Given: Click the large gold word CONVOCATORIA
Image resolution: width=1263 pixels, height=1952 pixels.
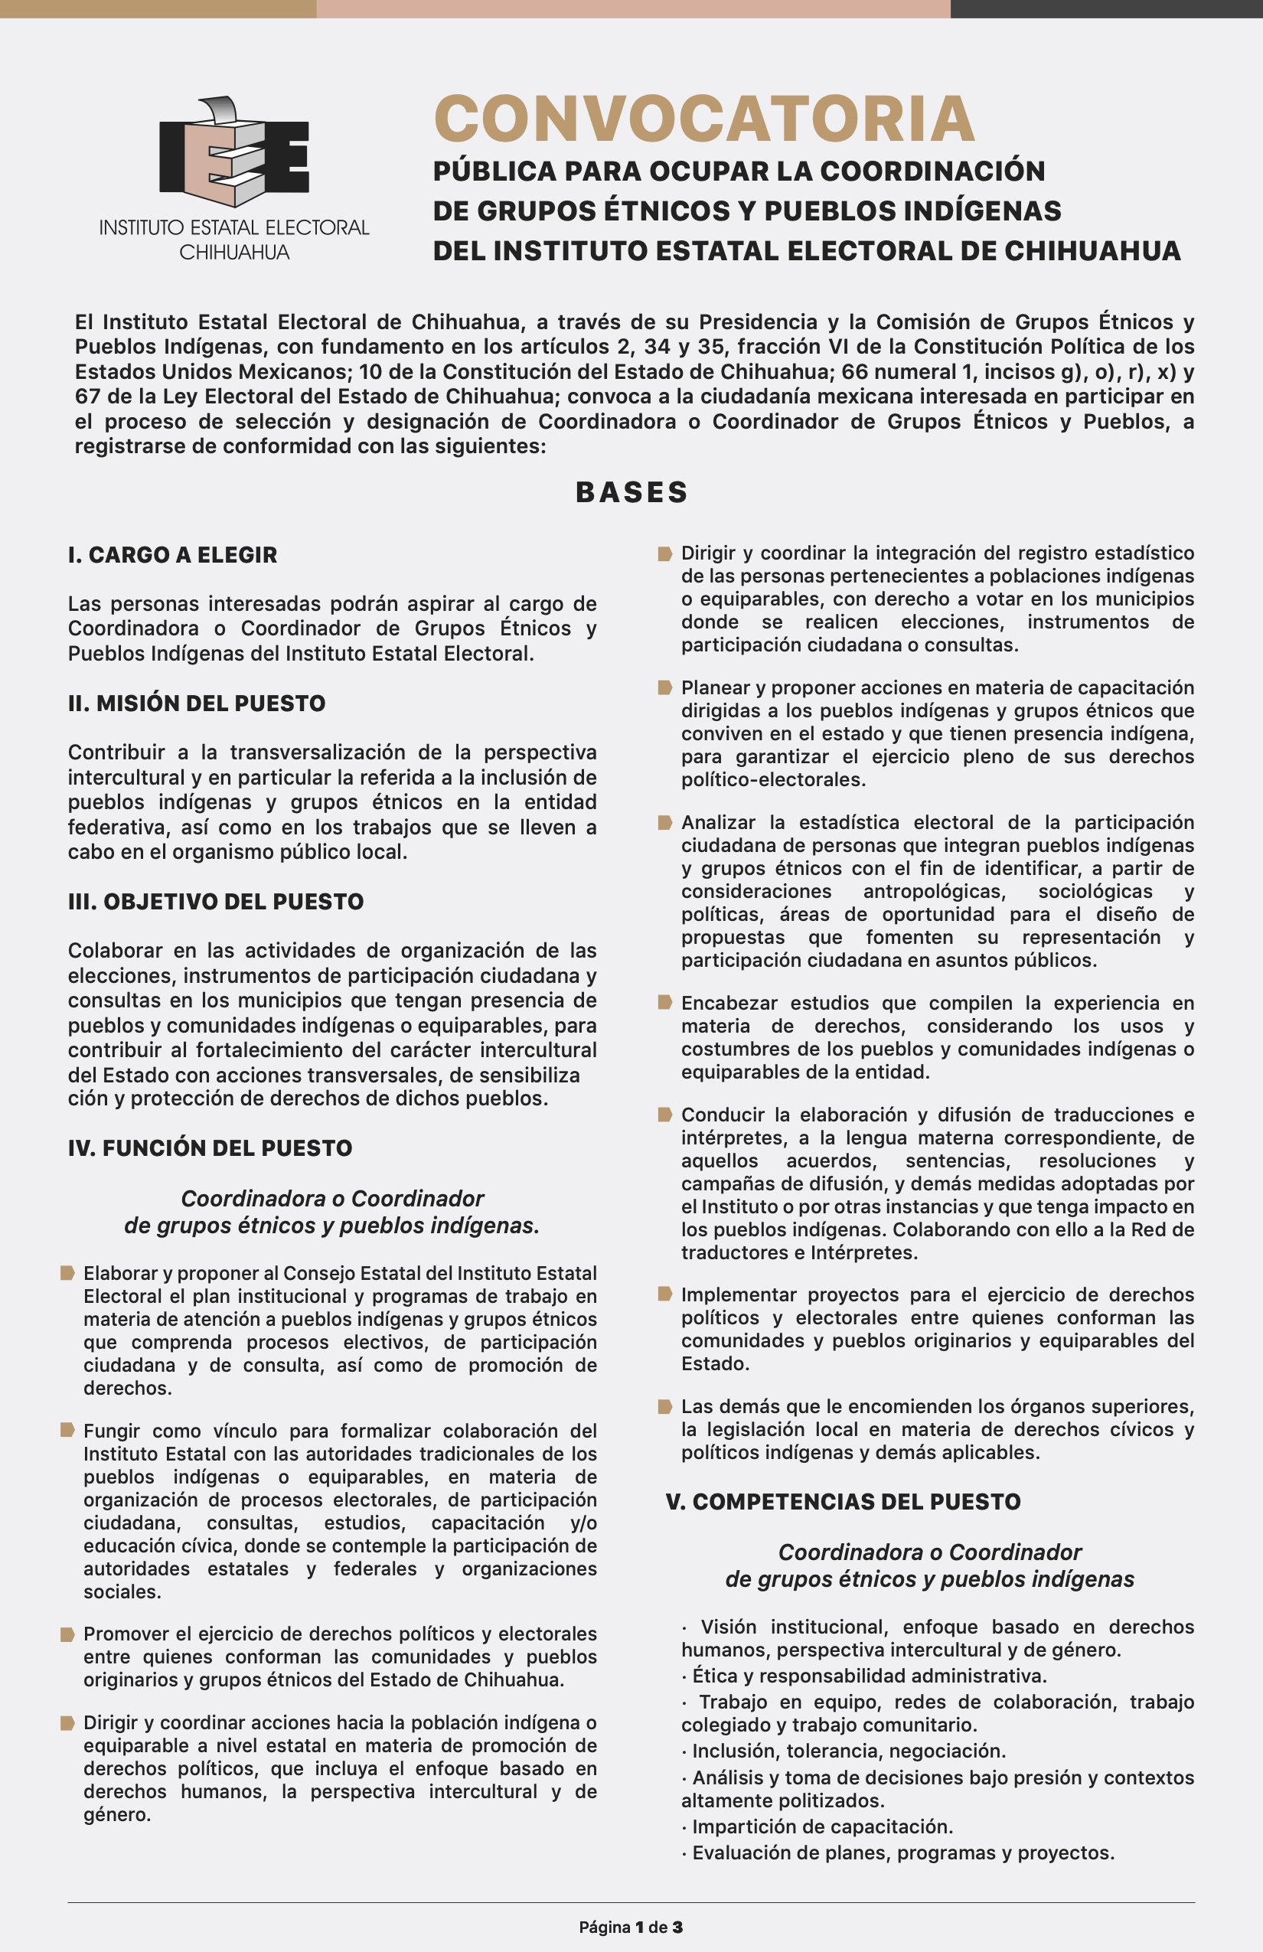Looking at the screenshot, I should (x=703, y=119).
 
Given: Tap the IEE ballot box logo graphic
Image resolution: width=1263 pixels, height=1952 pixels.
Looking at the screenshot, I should (x=233, y=152).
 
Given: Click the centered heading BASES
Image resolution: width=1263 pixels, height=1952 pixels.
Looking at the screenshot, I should (x=631, y=492).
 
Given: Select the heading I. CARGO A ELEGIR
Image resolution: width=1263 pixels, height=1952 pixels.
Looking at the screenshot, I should (x=172, y=555).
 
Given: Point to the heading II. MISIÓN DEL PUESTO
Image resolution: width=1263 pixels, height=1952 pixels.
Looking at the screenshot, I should (x=197, y=703).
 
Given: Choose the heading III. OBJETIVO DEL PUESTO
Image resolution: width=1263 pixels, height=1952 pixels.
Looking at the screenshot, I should (x=216, y=902).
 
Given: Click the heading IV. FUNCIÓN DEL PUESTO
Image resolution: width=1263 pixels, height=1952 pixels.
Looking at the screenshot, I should (x=210, y=1148).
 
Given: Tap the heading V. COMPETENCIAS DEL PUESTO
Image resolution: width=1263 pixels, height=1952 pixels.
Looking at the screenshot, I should (x=843, y=1502).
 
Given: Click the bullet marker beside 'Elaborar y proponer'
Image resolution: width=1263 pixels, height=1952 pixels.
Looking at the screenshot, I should (x=68, y=1273).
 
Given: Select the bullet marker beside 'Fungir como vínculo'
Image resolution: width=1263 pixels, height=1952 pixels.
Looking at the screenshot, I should (x=68, y=1431).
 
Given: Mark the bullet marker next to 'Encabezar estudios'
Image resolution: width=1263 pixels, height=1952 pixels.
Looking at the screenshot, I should (x=665, y=1002).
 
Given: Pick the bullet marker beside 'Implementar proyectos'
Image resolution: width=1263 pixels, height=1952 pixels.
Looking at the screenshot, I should (x=665, y=1294).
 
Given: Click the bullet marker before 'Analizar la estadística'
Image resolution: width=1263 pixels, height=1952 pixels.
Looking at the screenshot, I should (x=665, y=822).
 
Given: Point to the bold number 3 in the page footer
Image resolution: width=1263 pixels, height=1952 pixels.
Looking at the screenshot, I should (x=677, y=1928).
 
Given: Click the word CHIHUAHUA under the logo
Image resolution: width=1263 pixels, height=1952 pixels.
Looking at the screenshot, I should (x=234, y=253).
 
